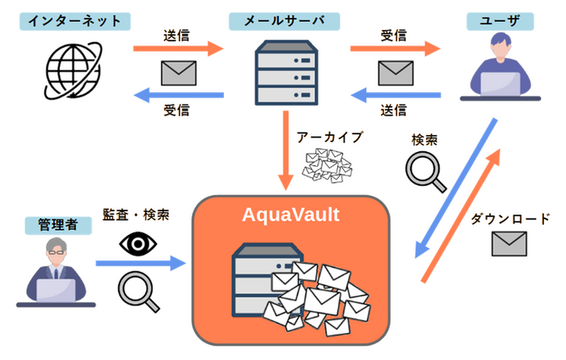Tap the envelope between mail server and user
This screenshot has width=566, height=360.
pos(395,73)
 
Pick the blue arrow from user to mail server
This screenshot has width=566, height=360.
pos(395,96)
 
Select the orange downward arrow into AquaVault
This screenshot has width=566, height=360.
pos(285,153)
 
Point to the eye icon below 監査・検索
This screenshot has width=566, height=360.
pos(135,244)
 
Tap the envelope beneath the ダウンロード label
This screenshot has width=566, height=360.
pos(509,243)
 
